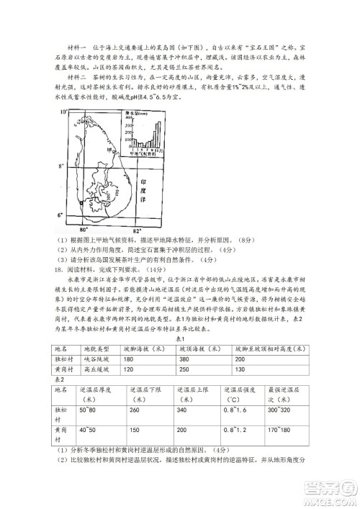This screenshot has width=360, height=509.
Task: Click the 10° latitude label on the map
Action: (x=63, y=112)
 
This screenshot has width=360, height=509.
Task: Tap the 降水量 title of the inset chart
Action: (x=132, y=113)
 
